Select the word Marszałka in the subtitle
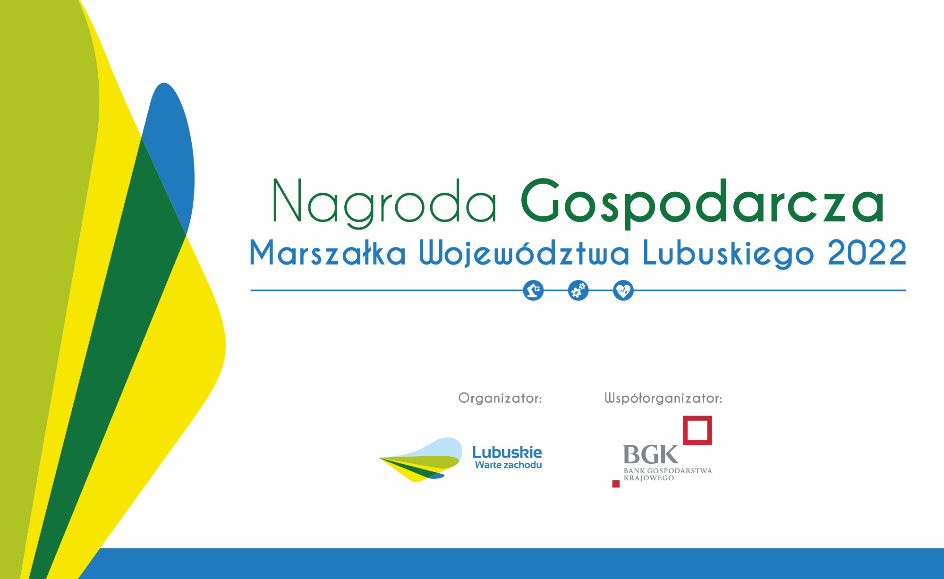click(x=327, y=253)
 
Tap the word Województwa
click(x=524, y=253)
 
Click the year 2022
click(x=867, y=253)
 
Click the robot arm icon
click(x=534, y=290)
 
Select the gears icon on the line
click(x=578, y=290)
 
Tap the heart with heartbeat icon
click(x=623, y=290)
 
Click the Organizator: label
click(x=500, y=399)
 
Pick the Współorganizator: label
click(x=663, y=399)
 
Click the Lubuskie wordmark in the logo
click(x=507, y=452)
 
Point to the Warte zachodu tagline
click(x=509, y=465)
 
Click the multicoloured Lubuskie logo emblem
click(x=420, y=460)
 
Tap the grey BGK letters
click(x=651, y=455)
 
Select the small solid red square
click(x=616, y=484)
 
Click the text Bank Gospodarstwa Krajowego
click(x=668, y=474)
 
